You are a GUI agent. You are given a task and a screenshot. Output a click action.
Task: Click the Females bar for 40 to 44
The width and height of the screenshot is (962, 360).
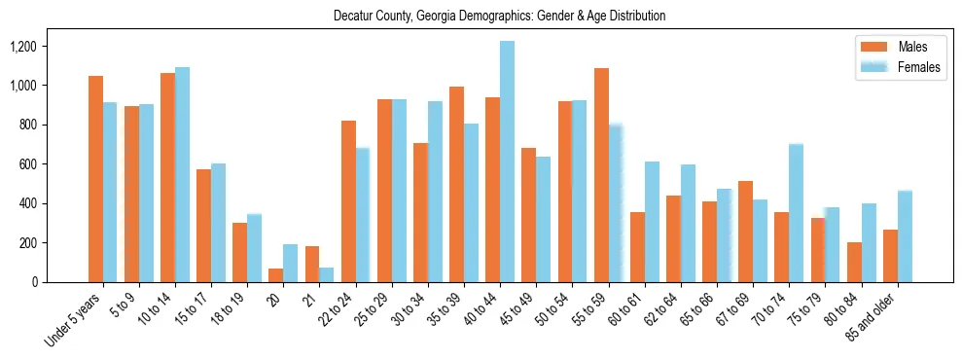coord(507,162)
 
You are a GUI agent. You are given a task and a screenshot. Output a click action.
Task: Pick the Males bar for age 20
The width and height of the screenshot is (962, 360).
coord(276,275)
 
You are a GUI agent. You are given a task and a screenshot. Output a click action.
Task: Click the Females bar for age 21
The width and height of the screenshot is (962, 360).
coord(327,274)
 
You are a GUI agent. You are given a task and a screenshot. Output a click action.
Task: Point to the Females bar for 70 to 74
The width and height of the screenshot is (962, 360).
coord(796,213)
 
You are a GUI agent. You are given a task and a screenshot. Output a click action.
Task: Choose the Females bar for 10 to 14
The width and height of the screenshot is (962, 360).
coord(182,174)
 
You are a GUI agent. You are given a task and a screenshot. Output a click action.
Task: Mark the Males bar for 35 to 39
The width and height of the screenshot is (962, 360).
coord(456,185)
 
